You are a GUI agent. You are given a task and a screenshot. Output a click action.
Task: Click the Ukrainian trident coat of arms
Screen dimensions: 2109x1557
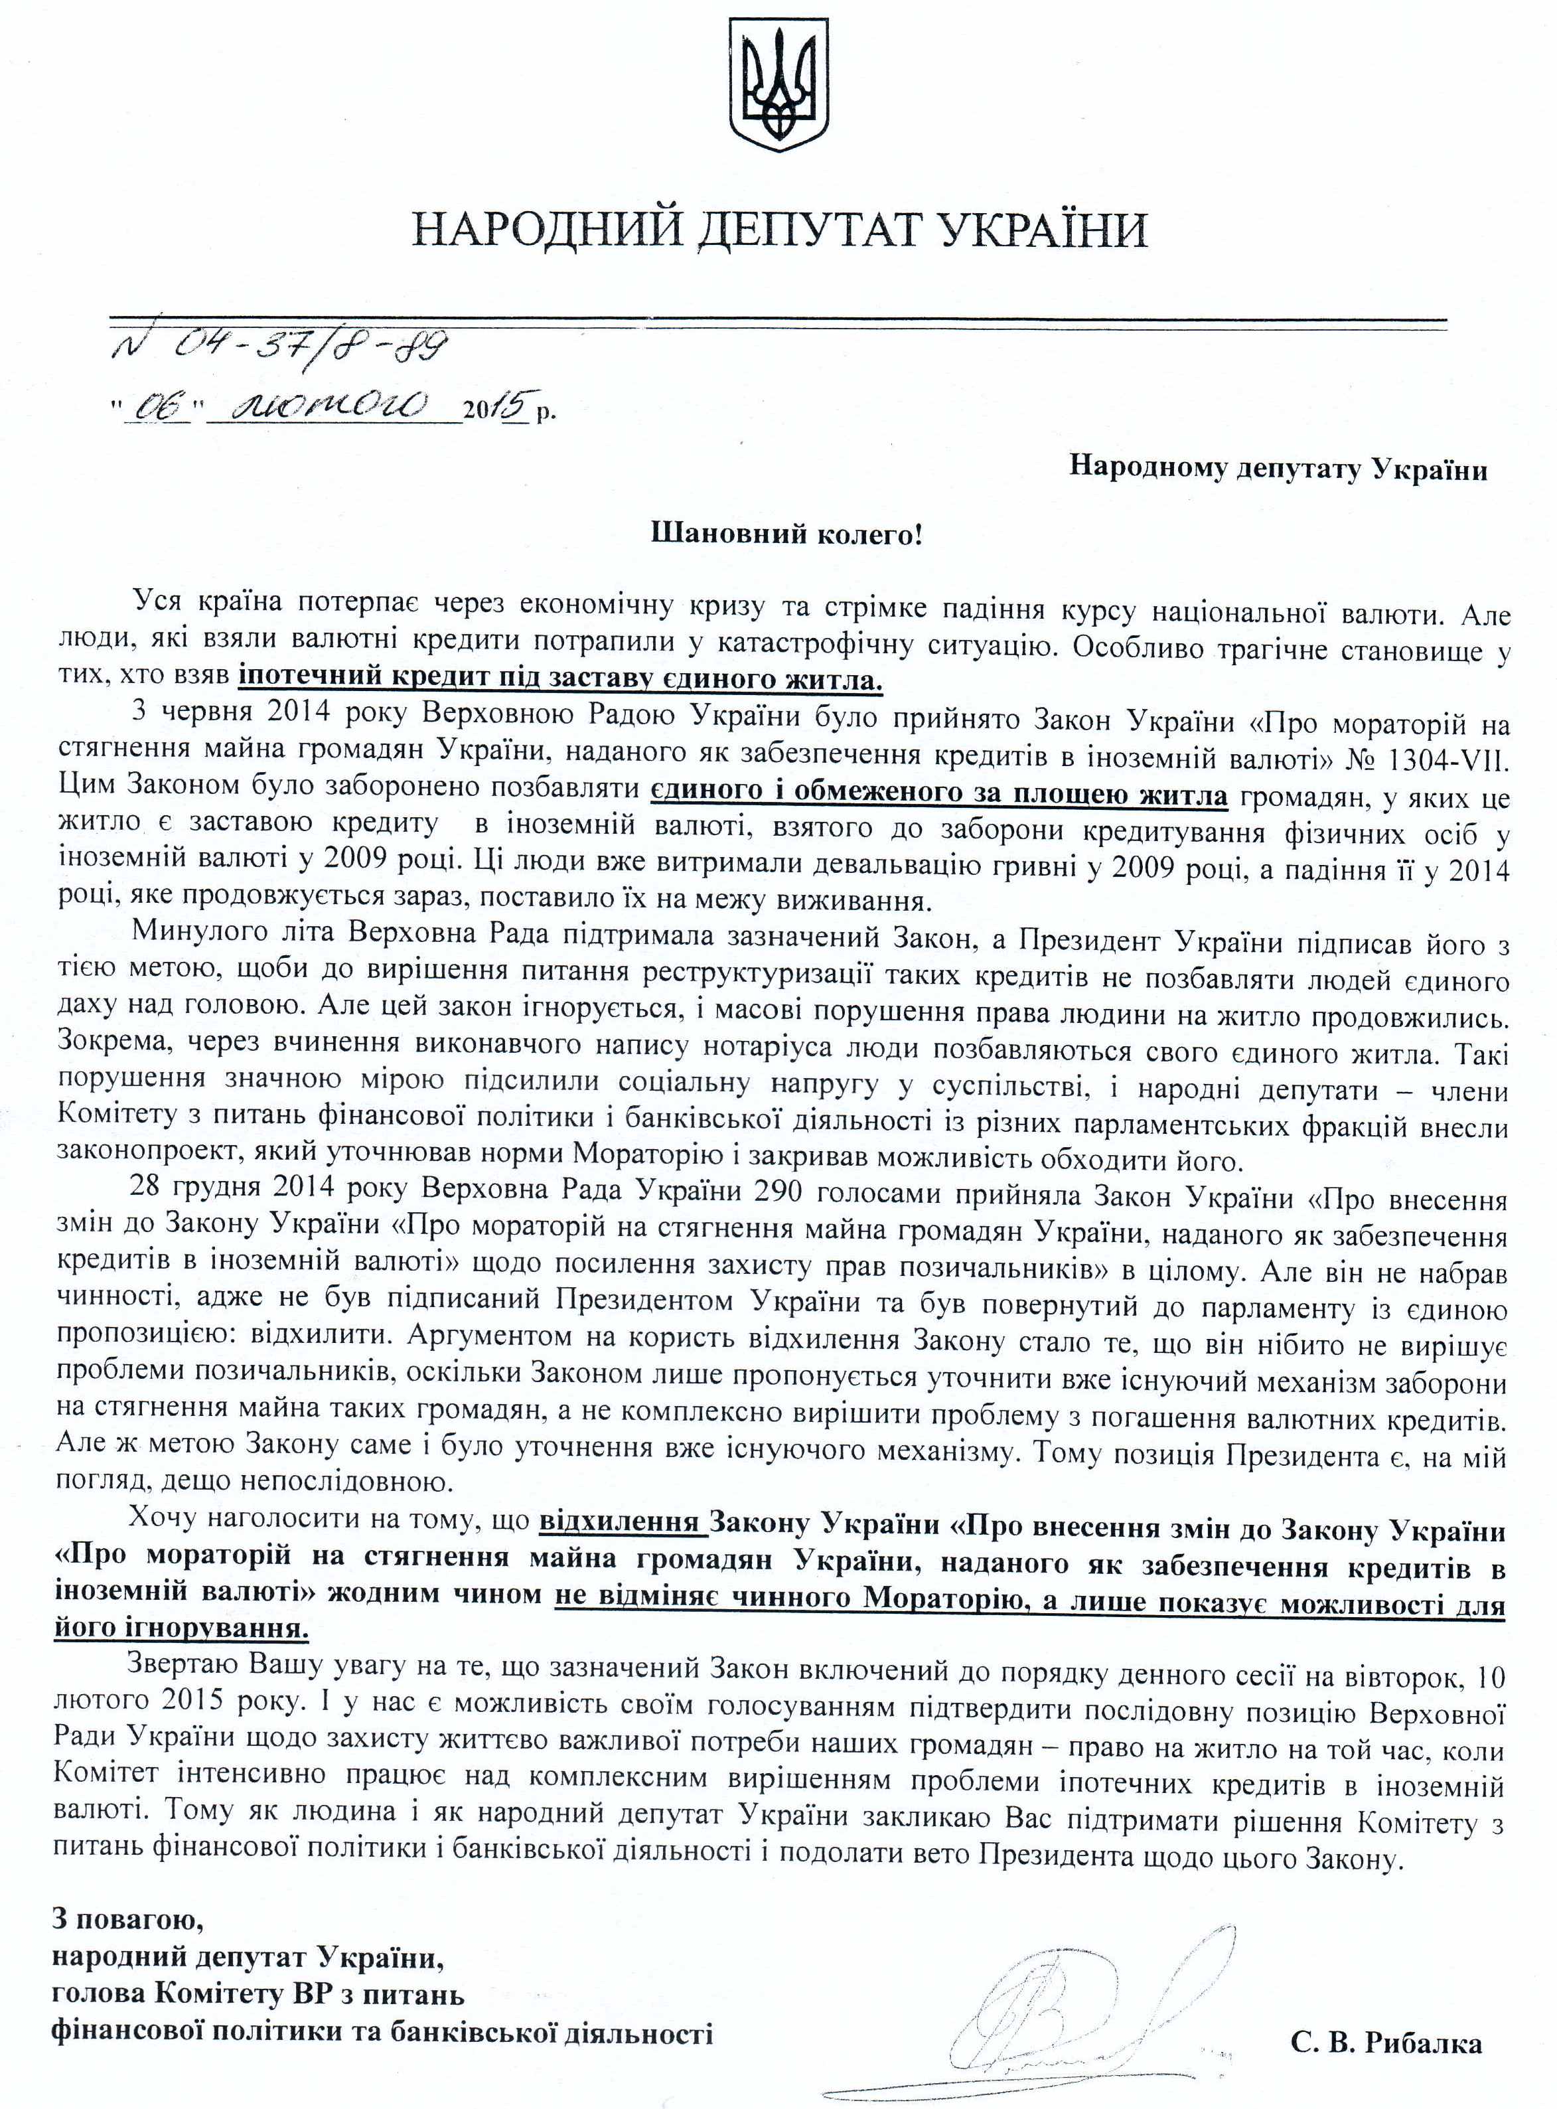click(x=779, y=88)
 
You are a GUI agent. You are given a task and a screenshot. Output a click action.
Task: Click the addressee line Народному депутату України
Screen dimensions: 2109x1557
click(x=1278, y=469)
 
